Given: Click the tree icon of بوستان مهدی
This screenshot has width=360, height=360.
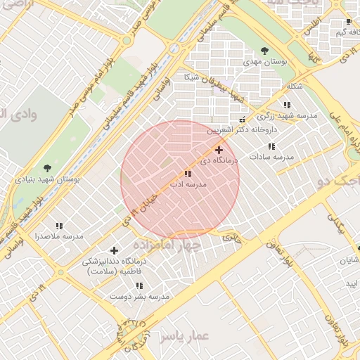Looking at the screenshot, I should coord(264,51).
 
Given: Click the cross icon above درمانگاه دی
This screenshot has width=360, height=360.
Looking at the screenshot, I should coord(219,150).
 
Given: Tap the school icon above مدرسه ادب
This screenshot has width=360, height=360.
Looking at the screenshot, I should coord(188,173).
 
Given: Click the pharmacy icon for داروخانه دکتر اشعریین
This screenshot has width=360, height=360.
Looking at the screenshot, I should coord(243,120).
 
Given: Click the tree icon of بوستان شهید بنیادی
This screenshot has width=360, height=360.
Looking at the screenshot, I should coord(47,168).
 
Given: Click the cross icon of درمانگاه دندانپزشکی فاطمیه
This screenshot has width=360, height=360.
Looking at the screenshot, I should coord(115,250).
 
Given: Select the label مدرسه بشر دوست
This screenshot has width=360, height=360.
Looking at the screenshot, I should coord(139,297).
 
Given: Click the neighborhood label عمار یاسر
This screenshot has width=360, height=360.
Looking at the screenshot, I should coord(185,337).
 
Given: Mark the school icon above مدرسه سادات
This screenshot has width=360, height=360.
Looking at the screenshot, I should coord(271,146).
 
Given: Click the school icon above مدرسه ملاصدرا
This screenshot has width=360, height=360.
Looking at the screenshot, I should coord(59,226).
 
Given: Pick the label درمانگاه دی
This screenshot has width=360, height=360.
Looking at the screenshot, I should coord(219,160).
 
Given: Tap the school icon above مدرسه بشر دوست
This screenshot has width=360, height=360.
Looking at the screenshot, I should coord(139,285).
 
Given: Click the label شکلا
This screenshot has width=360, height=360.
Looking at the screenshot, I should coord(295,86).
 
